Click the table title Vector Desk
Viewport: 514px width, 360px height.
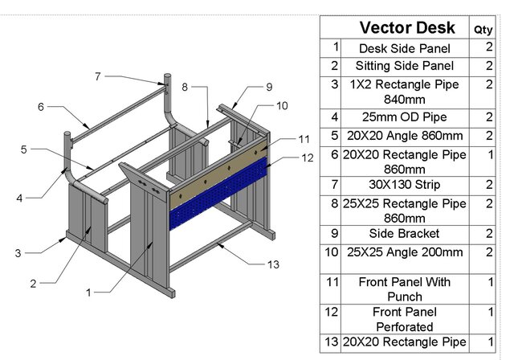point(406,28)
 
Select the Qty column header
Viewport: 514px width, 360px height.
point(483,29)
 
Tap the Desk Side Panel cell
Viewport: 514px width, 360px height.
point(406,48)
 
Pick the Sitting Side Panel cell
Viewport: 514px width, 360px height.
point(406,66)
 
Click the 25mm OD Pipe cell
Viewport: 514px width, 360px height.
point(406,117)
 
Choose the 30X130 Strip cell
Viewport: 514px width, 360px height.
point(406,186)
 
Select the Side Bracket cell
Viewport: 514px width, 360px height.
point(406,233)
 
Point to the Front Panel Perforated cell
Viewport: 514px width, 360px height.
point(406,319)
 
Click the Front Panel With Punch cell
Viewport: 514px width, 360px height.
point(406,289)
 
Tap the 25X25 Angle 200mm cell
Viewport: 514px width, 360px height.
point(406,252)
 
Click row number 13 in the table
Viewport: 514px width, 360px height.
point(331,342)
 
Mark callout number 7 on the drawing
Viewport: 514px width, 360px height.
point(97,76)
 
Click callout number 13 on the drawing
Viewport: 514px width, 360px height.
point(273,264)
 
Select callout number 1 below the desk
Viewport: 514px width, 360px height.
point(89,292)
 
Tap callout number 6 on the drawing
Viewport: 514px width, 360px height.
point(40,106)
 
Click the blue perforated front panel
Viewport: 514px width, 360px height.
point(217,193)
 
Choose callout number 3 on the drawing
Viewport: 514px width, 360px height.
point(18,252)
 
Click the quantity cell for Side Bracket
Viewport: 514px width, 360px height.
point(488,233)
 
